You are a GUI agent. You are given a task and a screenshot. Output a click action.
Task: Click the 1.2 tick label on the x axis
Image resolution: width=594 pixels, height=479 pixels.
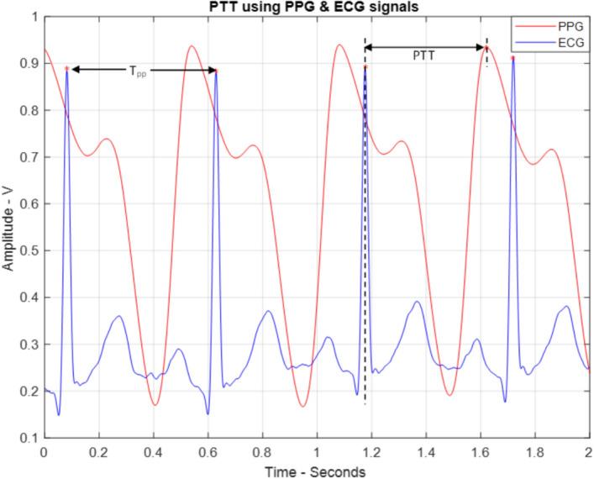pyautogui.click(x=371, y=452)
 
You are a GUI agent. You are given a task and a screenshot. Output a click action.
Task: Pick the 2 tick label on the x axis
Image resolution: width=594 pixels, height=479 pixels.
pyautogui.click(x=590, y=452)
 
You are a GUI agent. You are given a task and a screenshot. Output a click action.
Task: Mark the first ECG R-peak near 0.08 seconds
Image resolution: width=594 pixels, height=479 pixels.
pyautogui.click(x=66, y=68)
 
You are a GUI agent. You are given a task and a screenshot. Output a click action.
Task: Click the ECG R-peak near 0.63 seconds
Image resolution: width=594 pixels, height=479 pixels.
pyautogui.click(x=217, y=71)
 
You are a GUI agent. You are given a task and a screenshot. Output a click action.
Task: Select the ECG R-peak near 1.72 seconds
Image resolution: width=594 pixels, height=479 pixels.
pyautogui.click(x=513, y=58)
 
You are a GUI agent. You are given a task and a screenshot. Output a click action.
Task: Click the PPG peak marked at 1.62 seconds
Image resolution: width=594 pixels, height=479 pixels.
pyautogui.click(x=486, y=48)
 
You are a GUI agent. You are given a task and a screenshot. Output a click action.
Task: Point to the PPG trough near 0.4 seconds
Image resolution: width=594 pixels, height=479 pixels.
pyautogui.click(x=155, y=405)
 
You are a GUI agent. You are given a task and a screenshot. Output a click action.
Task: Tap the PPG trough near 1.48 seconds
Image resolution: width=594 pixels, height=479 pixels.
pyautogui.click(x=449, y=395)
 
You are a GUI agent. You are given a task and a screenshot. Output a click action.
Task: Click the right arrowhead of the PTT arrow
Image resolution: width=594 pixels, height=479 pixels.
pyautogui.click(x=481, y=48)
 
